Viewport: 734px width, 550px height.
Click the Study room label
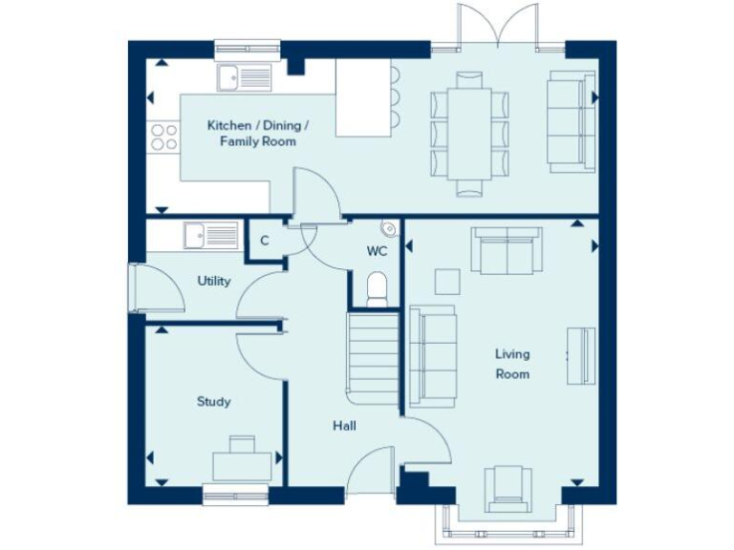click(213, 402)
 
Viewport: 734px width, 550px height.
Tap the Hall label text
click(345, 426)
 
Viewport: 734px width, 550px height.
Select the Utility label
click(214, 281)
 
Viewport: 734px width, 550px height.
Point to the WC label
click(376, 252)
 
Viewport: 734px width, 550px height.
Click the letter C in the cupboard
click(264, 241)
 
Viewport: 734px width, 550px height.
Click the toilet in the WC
click(376, 287)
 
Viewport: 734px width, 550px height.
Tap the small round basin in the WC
click(388, 229)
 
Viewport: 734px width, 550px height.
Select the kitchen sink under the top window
click(244, 76)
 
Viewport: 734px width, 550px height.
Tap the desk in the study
click(241, 460)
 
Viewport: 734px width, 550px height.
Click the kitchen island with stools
click(364, 98)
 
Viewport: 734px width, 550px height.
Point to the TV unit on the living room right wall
click(580, 355)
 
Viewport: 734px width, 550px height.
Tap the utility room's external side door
click(137, 289)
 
